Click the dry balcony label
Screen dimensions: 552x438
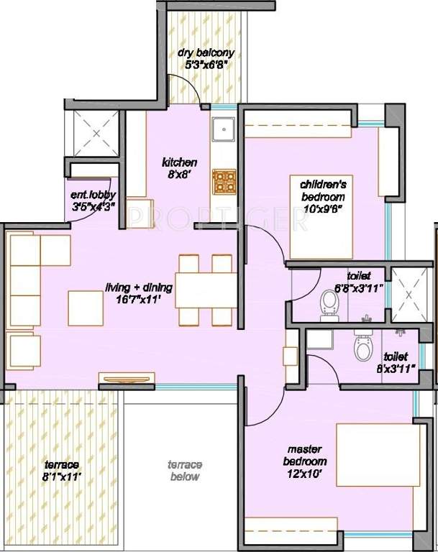pos(206,57)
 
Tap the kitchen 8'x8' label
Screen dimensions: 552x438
pos(179,167)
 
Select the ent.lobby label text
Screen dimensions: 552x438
pos(91,201)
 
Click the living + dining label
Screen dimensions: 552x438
pos(139,293)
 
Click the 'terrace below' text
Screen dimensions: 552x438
pos(185,471)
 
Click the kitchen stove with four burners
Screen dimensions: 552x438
pos(223,181)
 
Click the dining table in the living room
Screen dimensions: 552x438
pos(204,290)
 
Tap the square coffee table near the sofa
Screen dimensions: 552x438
pos(86,307)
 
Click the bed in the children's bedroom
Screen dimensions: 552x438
pos(321,216)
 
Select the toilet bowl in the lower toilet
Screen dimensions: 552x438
pos(363,348)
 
